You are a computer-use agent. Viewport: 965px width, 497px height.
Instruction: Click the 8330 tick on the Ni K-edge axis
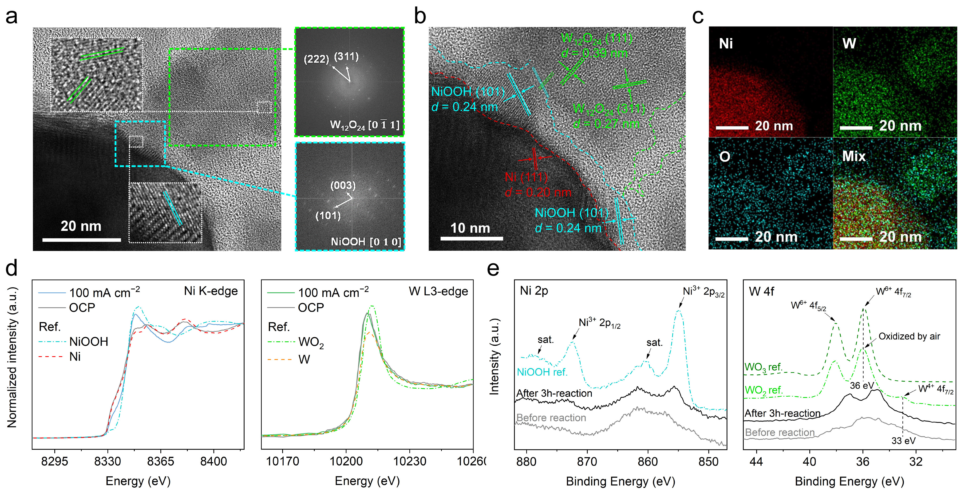tap(107, 461)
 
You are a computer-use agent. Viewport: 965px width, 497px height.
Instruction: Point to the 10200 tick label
tap(346, 461)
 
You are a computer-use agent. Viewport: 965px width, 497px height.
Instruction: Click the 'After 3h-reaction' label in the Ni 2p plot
tap(554, 393)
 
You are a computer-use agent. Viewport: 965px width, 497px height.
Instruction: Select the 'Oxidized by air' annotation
tap(909, 336)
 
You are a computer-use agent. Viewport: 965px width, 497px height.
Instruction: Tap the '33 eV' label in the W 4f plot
tap(903, 441)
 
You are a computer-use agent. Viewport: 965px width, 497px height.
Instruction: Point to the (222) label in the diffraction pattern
tap(316, 59)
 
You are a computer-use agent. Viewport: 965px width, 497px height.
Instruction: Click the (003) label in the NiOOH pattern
tap(343, 185)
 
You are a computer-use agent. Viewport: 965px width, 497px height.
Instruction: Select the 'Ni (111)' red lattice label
tap(526, 177)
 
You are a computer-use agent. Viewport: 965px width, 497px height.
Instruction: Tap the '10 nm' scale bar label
tap(470, 228)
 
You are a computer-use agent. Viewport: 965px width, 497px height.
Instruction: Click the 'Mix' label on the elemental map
tap(854, 156)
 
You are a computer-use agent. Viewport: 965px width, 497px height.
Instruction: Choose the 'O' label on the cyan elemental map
tap(724, 157)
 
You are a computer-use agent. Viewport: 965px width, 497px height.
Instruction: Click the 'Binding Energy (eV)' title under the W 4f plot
tap(849, 481)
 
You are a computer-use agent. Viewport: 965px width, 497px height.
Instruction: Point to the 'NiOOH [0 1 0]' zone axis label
tap(366, 242)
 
